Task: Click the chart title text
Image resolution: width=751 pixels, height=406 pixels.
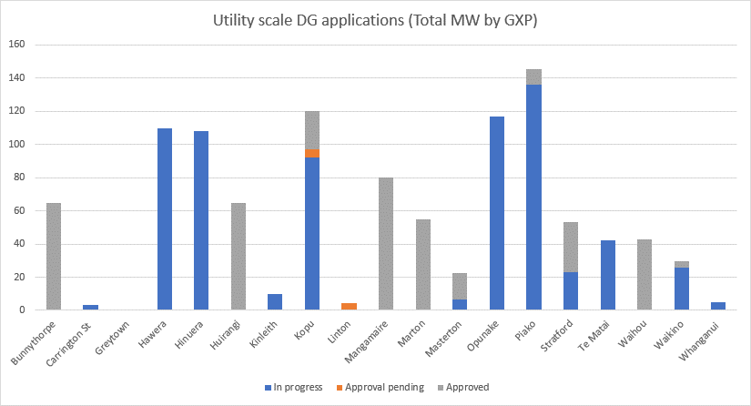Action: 375,20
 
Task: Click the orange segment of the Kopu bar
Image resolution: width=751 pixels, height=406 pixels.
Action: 312,153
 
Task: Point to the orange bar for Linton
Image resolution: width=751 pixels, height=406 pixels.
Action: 349,307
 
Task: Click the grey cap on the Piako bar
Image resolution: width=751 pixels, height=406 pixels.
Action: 533,76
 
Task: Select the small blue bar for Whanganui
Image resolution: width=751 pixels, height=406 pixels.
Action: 718,306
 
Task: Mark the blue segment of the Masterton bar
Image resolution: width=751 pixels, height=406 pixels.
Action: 460,305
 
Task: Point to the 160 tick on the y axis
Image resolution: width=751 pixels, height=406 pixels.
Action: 17,45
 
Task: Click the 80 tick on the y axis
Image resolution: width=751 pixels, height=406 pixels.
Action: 20,178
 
